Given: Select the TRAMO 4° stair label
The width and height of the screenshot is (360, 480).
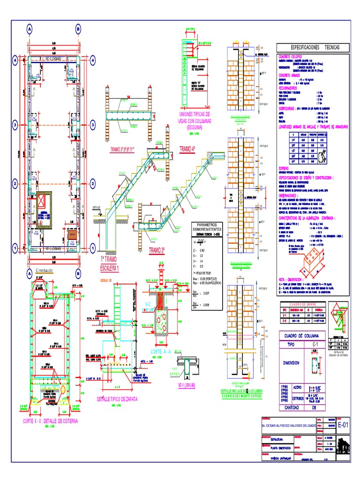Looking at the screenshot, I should pyautogui.click(x=188, y=149).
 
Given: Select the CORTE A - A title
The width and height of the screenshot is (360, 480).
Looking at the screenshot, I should pyautogui.click(x=162, y=351).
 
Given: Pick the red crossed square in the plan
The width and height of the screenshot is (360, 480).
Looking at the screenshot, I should pyautogui.click(x=43, y=202).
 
